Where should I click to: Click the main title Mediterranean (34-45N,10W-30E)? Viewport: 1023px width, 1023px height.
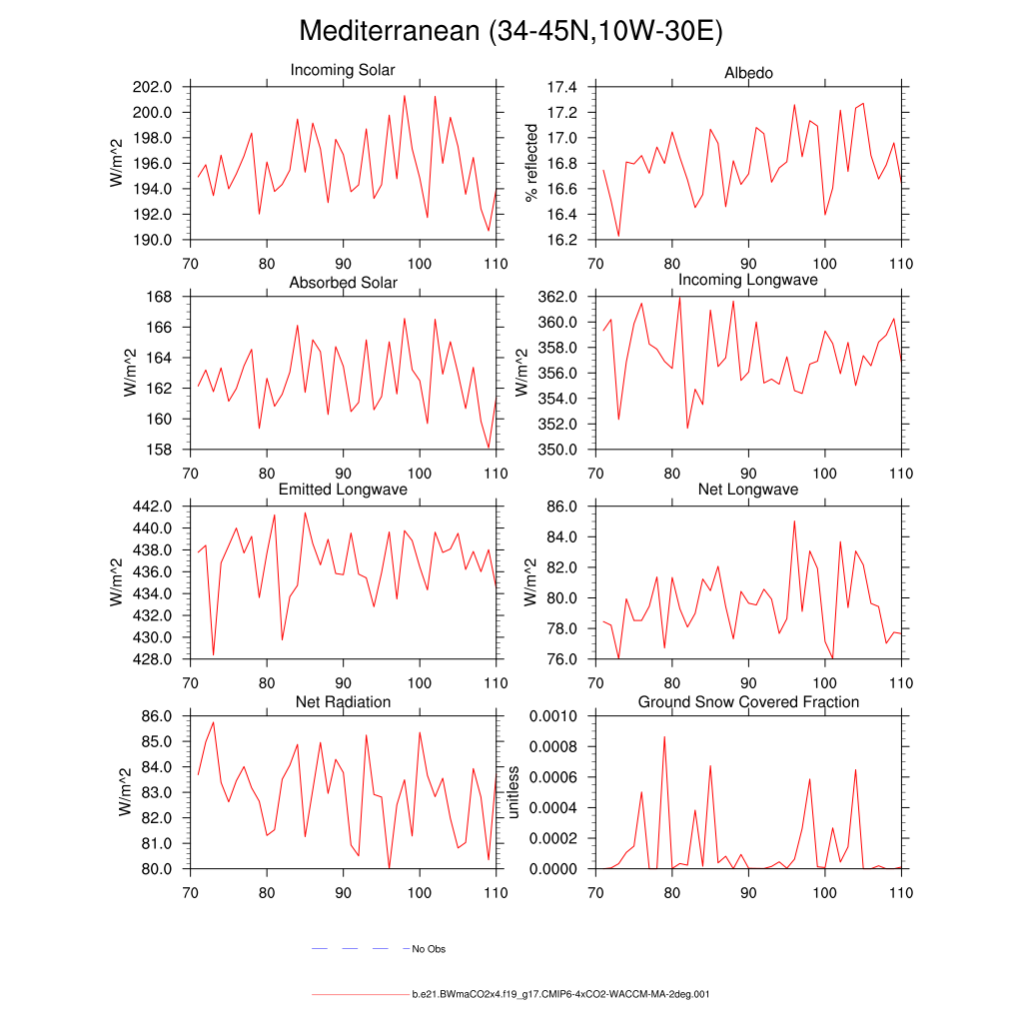[x=511, y=32]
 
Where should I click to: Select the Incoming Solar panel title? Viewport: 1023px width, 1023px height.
[x=343, y=71]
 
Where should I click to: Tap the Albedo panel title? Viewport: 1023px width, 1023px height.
[x=748, y=73]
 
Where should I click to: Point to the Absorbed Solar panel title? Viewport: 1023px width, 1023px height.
[x=343, y=283]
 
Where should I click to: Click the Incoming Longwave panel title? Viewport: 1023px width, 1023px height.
[x=748, y=280]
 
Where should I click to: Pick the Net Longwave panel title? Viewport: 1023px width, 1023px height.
[x=748, y=490]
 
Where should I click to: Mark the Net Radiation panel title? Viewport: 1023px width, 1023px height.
[x=343, y=702]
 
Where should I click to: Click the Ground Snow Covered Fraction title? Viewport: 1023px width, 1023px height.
[x=748, y=702]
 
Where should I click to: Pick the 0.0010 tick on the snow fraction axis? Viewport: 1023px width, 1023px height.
[x=552, y=716]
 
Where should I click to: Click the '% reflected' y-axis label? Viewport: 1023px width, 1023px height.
[x=531, y=163]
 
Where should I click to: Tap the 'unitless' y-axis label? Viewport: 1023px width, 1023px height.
[x=513, y=792]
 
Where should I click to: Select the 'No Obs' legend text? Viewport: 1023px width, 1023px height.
[x=429, y=949]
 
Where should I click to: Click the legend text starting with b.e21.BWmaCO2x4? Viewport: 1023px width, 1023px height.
[x=560, y=995]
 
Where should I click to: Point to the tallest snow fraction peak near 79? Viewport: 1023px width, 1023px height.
[x=664, y=737]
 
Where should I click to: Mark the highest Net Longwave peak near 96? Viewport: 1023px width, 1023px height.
[x=794, y=520]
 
